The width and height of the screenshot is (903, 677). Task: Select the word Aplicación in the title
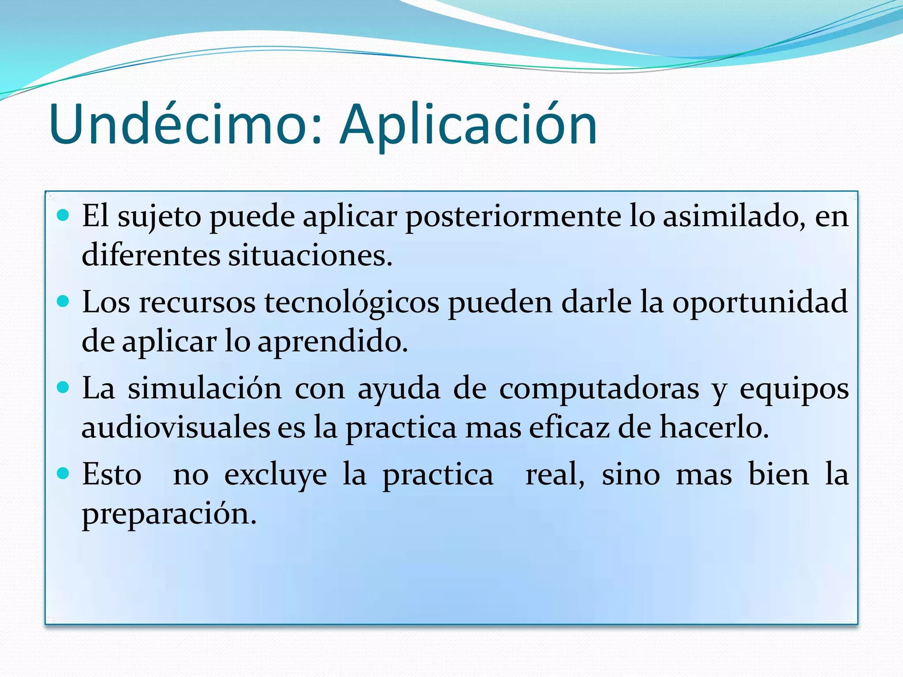click(x=468, y=124)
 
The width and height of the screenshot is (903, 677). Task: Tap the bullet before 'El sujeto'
click(x=63, y=216)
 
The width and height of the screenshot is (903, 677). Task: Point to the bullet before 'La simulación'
click(x=63, y=388)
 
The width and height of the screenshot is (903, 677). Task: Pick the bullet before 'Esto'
click(x=63, y=474)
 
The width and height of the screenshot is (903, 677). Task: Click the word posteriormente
click(x=513, y=217)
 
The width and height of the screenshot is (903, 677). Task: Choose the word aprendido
click(x=332, y=342)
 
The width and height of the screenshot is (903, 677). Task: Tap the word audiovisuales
click(x=176, y=428)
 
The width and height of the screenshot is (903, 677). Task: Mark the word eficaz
click(x=569, y=428)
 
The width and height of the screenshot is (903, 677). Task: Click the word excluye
click(x=276, y=475)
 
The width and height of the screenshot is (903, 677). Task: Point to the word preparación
click(x=169, y=514)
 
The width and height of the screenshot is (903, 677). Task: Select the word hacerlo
click(x=714, y=428)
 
